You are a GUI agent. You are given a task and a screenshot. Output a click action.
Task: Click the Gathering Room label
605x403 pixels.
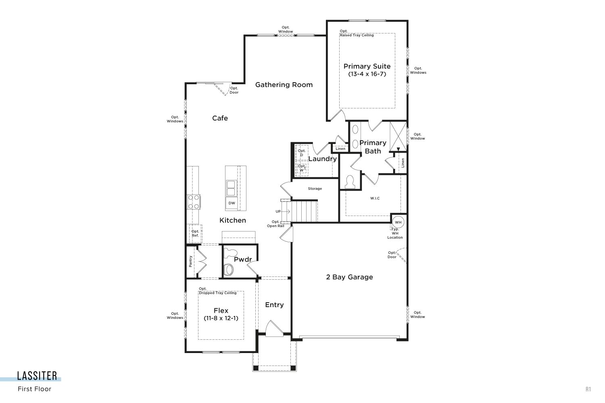tap(284, 85)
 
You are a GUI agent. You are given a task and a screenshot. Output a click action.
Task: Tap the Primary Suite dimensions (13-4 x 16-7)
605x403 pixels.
tap(367, 74)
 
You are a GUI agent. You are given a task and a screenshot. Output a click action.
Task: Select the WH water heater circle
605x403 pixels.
tap(398, 222)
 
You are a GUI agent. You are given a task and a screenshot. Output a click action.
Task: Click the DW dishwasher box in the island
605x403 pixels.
tap(232, 203)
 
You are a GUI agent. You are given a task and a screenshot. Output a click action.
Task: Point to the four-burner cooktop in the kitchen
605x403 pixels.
tap(194, 202)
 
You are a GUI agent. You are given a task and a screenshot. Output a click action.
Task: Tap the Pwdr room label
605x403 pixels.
tap(243, 260)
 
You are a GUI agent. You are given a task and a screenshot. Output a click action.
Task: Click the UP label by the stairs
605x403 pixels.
tap(278, 211)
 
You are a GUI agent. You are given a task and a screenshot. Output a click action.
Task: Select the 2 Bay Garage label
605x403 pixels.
tap(350, 277)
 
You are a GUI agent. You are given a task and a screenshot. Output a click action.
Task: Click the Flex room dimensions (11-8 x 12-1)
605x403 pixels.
tap(221, 318)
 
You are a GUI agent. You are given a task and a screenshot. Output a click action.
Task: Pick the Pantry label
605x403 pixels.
tap(191, 261)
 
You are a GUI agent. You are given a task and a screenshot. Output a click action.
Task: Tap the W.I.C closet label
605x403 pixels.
tap(375, 198)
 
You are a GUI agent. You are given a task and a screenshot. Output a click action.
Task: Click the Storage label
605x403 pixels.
tap(315, 189)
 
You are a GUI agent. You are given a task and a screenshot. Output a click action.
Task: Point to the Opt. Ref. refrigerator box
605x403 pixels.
tap(195, 234)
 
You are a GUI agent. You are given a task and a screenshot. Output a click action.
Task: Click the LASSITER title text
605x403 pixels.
tap(37, 376)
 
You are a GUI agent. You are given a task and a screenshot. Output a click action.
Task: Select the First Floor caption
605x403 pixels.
tap(35, 389)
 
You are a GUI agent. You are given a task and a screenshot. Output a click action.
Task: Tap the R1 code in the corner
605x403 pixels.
tap(588, 389)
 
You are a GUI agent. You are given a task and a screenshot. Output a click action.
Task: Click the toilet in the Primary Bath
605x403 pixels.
tap(350, 182)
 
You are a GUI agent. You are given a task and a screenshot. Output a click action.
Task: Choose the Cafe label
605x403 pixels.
tap(220, 118)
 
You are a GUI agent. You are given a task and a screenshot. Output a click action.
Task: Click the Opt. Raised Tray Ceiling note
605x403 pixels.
tap(357, 33)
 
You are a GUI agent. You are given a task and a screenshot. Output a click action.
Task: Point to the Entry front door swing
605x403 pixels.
tap(274, 328)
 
